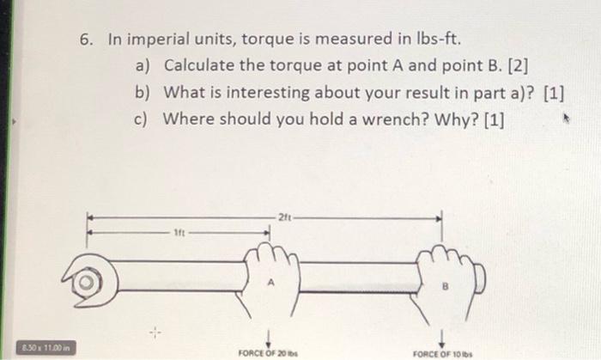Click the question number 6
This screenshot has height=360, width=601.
click(x=86, y=40)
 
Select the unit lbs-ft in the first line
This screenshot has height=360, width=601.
click(x=440, y=40)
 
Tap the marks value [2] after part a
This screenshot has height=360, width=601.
click(x=497, y=66)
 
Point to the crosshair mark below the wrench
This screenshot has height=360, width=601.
click(x=155, y=331)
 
